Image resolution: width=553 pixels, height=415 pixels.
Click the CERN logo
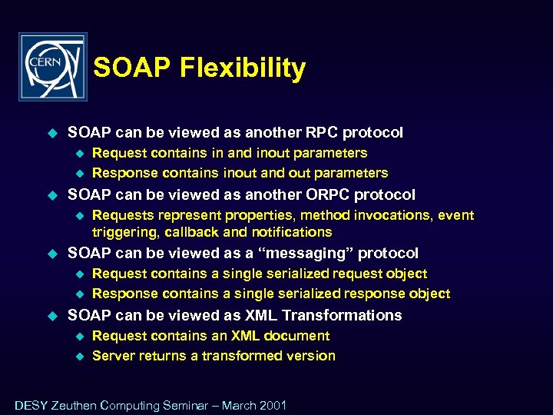[52, 67]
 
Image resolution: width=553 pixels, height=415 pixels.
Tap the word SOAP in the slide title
[133, 68]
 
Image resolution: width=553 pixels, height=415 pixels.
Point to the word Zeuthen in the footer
[74, 405]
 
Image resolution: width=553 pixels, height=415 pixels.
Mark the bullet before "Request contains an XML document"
[78, 337]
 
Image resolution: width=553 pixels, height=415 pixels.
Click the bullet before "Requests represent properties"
[78, 216]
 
